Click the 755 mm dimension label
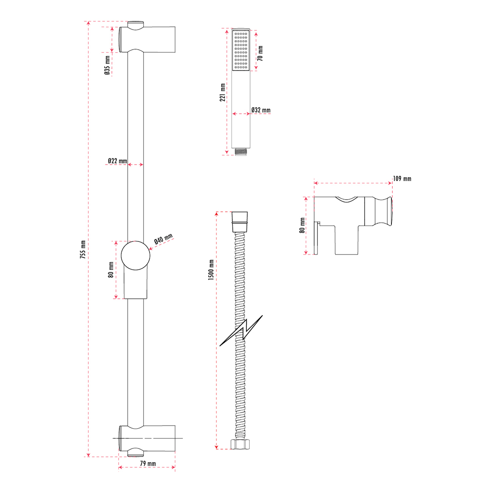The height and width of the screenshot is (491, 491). [x=83, y=249]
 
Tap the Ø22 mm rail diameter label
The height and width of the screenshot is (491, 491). [x=117, y=160]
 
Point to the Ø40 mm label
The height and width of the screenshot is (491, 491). [x=164, y=240]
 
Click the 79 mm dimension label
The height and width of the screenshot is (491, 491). [x=147, y=463]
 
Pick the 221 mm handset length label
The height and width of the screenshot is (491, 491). [x=223, y=92]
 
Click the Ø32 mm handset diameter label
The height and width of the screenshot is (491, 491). [x=261, y=110]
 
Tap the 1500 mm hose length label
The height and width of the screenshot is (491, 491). [x=211, y=270]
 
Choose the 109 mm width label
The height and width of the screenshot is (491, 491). [x=402, y=179]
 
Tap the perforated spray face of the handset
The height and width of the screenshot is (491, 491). [x=240, y=50]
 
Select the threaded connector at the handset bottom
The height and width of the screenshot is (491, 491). [x=240, y=152]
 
